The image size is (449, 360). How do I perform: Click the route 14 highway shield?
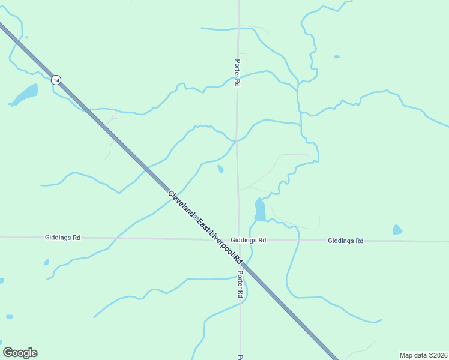click(56, 80)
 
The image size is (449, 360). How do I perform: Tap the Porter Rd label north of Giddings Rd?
click(237, 73)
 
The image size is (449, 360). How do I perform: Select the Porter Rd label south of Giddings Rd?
click(240, 284)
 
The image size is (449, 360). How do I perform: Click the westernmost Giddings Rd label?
click(62, 238)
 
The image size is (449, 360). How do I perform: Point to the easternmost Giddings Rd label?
click(345, 241)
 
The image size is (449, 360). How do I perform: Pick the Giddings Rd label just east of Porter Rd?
click(248, 240)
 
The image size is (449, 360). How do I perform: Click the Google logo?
click(20, 353)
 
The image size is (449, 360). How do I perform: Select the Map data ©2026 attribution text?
click(423, 355)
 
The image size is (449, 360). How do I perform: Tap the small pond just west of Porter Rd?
click(220, 169)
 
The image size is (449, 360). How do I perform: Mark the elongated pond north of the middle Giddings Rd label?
click(259, 209)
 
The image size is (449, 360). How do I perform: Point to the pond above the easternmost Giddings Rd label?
click(397, 230)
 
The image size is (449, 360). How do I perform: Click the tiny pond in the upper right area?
click(337, 57)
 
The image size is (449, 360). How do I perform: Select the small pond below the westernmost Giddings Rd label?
click(46, 262)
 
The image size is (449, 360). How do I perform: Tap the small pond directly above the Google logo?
click(9, 316)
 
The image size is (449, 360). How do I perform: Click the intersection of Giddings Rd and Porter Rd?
click(239, 239)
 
